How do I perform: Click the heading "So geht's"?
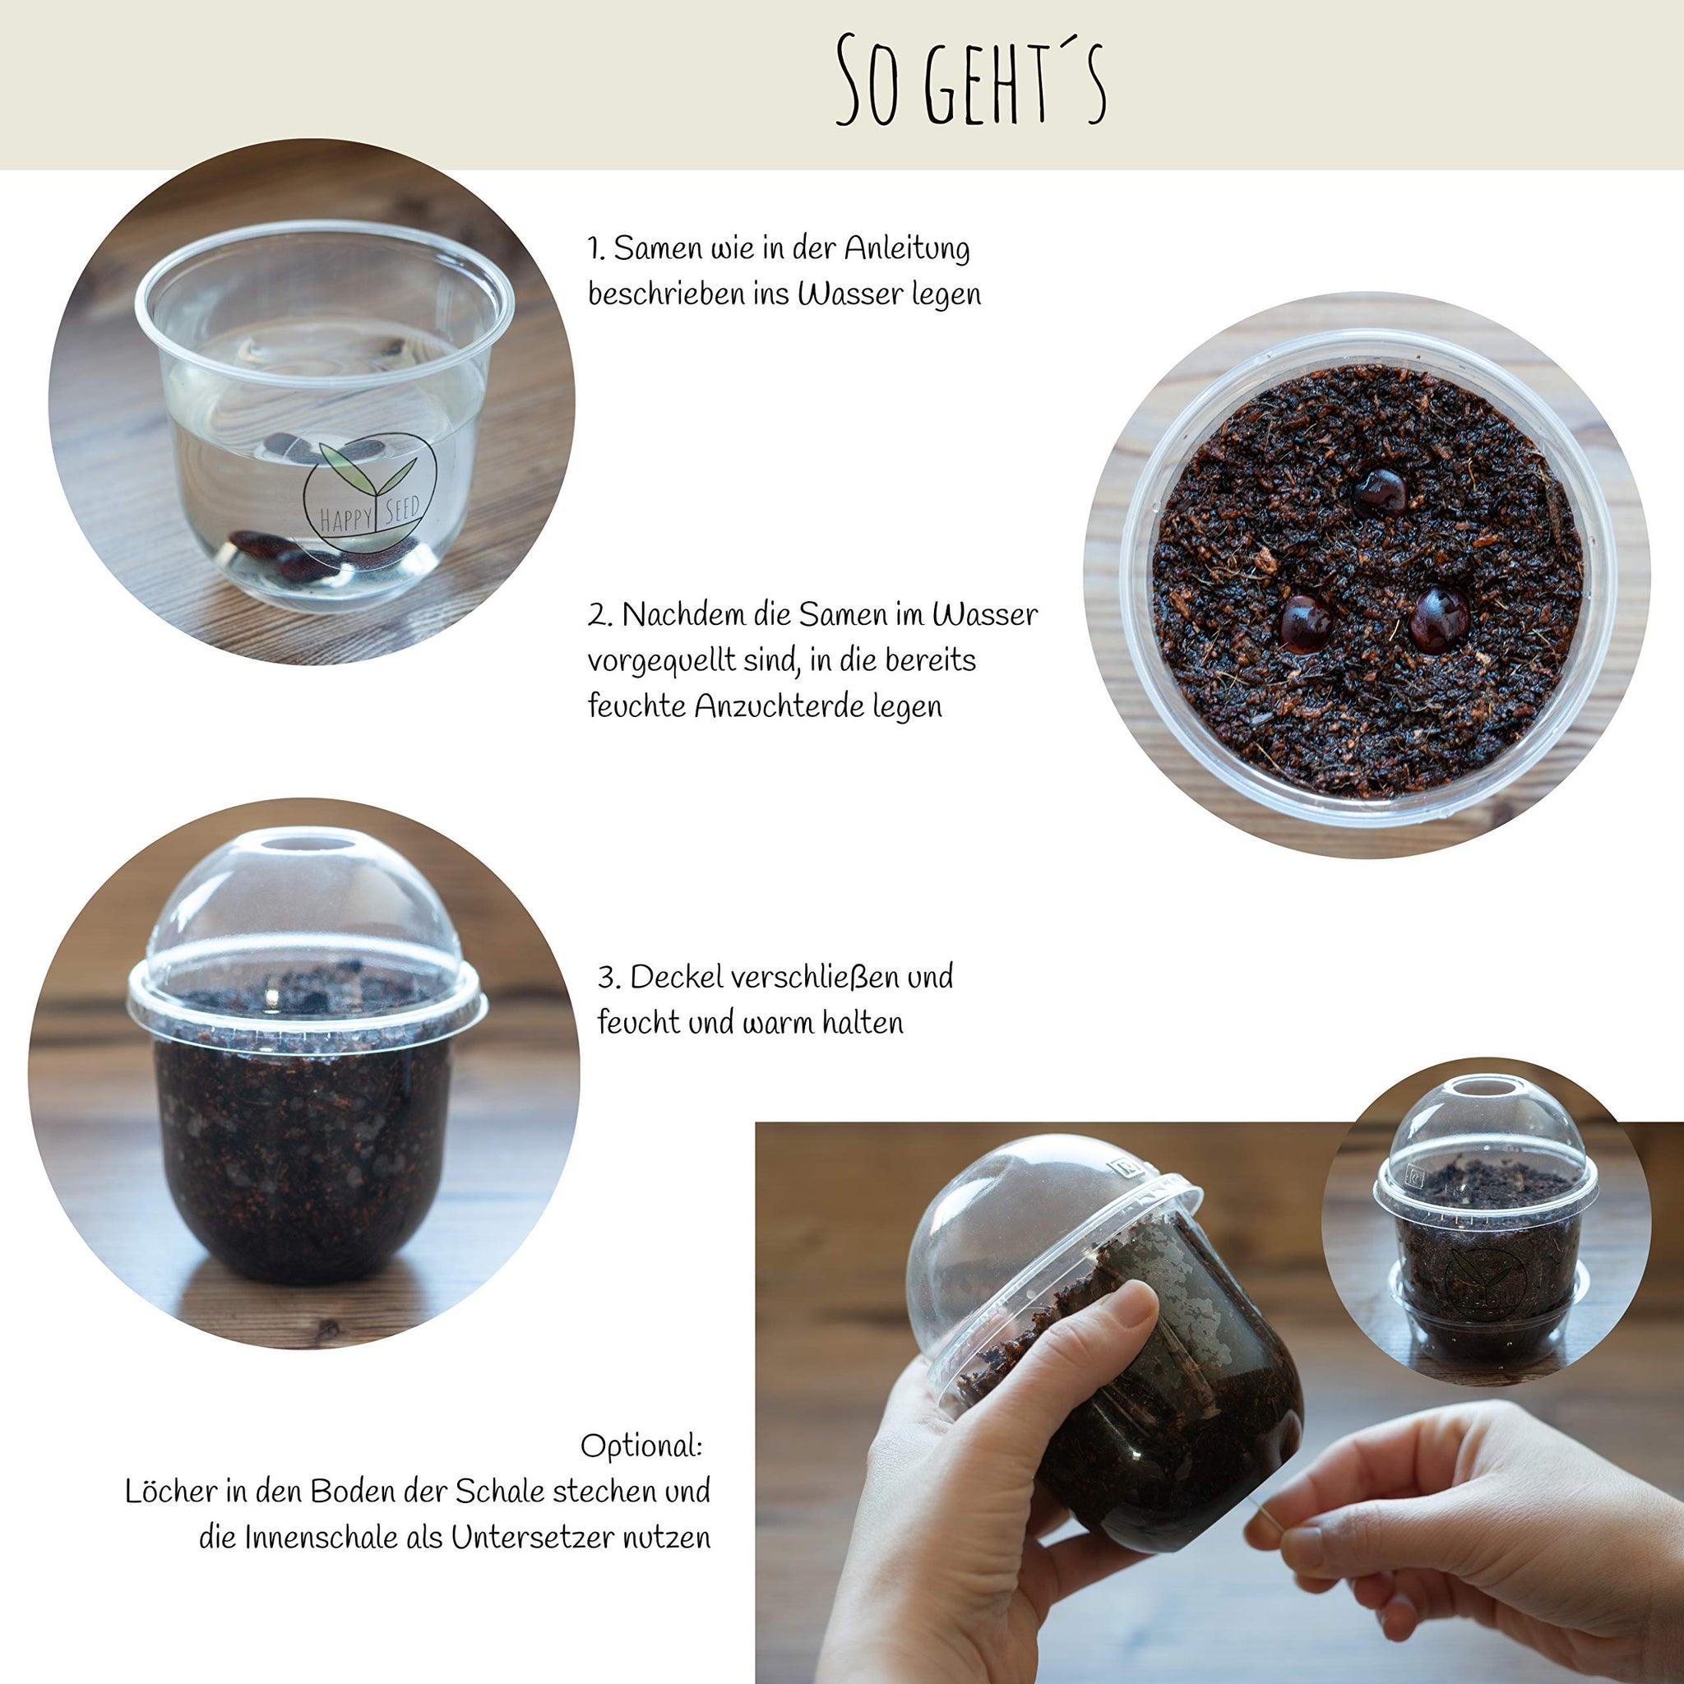tap(971, 81)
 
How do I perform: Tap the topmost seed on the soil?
tap(1380, 492)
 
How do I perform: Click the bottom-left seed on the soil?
tap(1306, 623)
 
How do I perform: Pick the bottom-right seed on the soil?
tap(1440, 620)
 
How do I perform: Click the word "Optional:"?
tap(641, 1446)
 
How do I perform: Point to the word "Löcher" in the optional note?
tap(171, 1492)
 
